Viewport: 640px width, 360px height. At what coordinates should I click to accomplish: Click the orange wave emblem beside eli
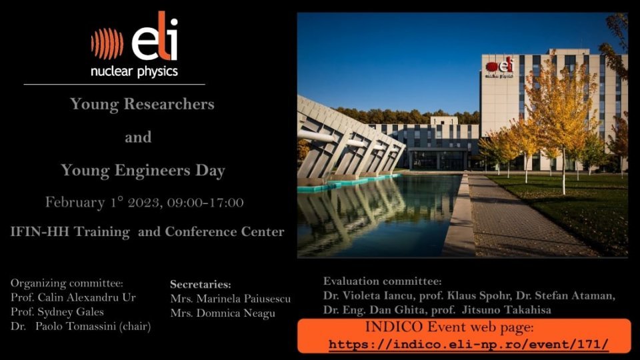[x=107, y=43]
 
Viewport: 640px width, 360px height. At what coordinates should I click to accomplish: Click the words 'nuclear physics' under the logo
[x=134, y=71]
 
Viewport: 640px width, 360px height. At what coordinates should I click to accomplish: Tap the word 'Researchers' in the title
[x=169, y=104]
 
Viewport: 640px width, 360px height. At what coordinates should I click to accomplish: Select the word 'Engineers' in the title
[x=152, y=170]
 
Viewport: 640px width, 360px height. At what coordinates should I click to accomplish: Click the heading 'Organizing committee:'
[x=67, y=283]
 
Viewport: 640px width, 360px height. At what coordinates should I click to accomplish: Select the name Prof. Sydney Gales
[x=57, y=312]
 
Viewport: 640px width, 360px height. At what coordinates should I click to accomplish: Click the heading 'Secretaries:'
[x=201, y=284]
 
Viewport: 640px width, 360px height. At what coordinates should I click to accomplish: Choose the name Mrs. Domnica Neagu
[x=223, y=313]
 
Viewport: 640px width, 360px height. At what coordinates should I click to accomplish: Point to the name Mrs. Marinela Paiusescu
[x=231, y=299]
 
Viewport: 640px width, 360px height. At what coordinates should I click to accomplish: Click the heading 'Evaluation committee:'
[x=383, y=281]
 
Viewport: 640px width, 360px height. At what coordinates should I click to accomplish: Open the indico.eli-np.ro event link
[x=469, y=344]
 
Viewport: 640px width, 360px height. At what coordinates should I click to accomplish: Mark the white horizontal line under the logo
[x=114, y=85]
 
